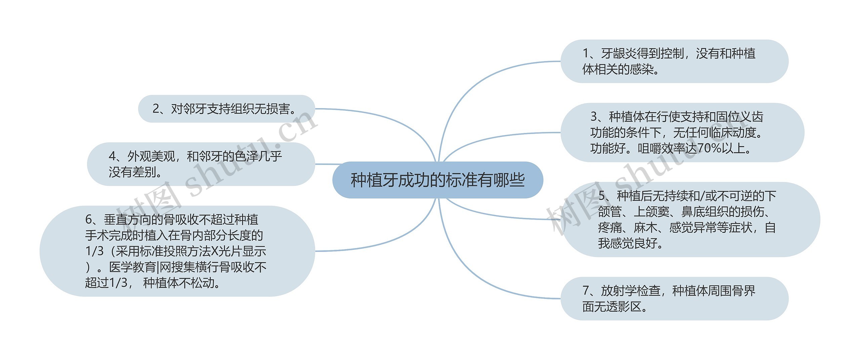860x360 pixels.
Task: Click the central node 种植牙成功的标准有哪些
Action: tap(437, 180)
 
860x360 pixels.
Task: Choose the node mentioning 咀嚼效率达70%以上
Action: tap(682, 133)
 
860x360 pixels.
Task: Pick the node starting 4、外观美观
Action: tap(201, 164)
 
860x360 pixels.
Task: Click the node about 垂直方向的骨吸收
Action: tap(177, 251)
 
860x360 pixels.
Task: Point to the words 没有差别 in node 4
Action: tap(132, 172)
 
